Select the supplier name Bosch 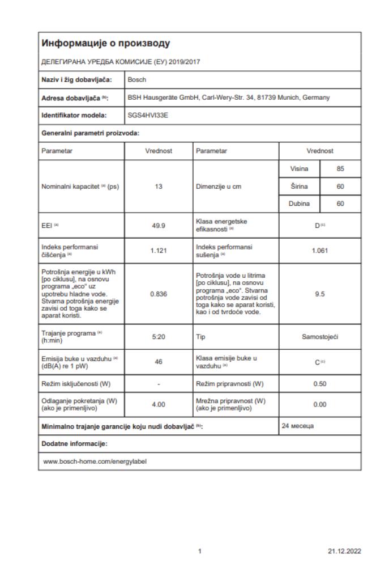click(x=137, y=79)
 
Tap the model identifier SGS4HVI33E click(x=148, y=115)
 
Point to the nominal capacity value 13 click(x=159, y=187)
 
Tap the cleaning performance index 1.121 click(x=159, y=251)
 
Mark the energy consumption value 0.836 click(x=159, y=294)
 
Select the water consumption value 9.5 click(x=320, y=294)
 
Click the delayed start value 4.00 click(x=159, y=404)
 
